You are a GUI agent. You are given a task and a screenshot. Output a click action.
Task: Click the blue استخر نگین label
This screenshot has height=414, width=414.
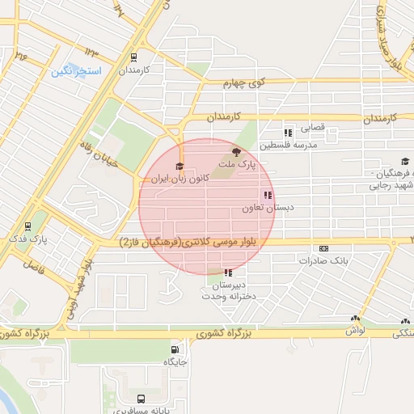[76, 71]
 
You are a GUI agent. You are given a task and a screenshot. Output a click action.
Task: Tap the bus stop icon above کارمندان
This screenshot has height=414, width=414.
[133, 57]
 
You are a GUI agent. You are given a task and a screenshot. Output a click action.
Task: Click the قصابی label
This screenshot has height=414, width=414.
[311, 128]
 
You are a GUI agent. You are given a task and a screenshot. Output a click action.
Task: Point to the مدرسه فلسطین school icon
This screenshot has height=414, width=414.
[287, 133]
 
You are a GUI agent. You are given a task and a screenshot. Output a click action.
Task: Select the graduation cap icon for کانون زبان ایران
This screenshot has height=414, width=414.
[179, 166]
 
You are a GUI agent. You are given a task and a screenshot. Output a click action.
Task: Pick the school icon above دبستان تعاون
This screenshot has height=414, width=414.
[268, 195]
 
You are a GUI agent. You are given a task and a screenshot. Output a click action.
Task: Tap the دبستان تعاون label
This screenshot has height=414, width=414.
[260, 208]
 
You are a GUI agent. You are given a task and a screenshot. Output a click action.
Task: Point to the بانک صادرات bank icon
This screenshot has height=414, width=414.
[324, 249]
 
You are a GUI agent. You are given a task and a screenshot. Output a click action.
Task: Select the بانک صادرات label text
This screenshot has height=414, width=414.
[323, 261]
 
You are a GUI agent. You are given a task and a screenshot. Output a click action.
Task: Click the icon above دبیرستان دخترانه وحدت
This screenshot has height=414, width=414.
[229, 273]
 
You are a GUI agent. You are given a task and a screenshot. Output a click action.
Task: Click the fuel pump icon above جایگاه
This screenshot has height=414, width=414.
[172, 350]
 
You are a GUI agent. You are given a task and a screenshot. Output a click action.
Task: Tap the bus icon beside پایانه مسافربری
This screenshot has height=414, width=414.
[142, 399]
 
